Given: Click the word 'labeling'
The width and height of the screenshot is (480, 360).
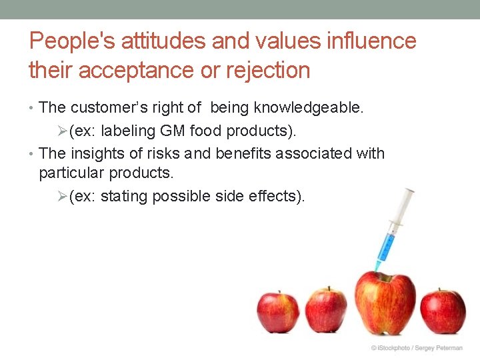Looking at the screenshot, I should (126, 130).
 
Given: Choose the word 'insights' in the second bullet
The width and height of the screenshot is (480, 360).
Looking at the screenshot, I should (97, 153).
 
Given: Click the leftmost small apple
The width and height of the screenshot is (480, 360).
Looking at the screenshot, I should (278, 312).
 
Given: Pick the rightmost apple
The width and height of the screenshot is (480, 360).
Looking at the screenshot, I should (443, 311).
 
